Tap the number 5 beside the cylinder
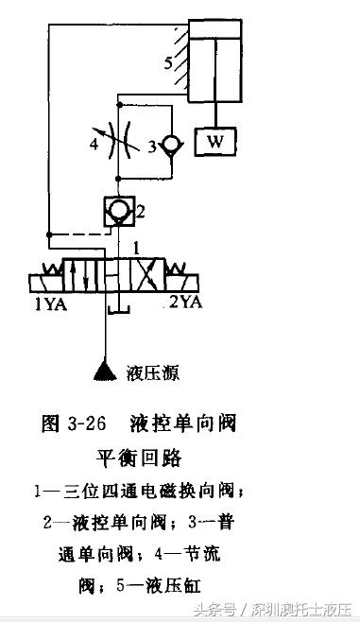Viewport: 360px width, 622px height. coord(168,64)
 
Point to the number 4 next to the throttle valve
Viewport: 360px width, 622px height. coord(94,146)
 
